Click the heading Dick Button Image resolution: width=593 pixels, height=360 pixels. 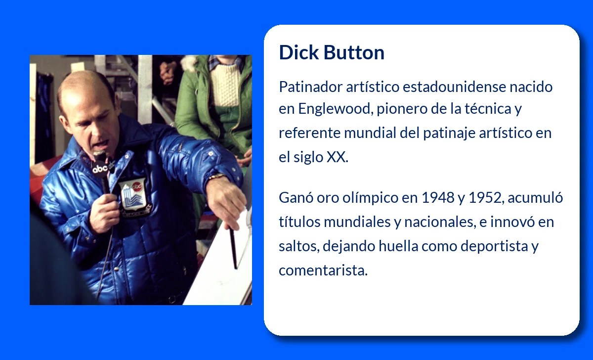[x=332, y=52]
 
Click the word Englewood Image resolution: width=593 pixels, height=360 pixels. [x=333, y=109]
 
